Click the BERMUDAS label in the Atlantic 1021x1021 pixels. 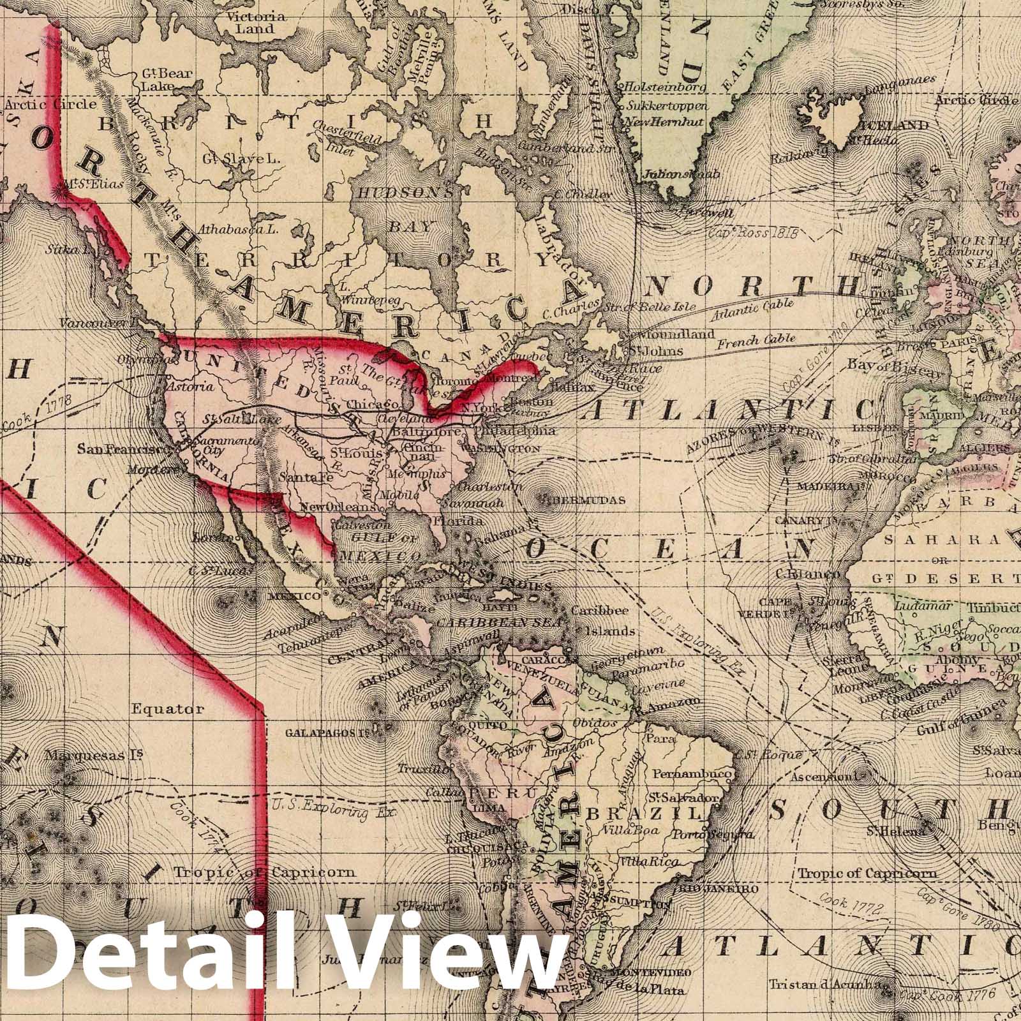tap(589, 500)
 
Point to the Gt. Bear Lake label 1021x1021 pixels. tap(165, 79)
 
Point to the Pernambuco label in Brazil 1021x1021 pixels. tap(692, 773)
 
